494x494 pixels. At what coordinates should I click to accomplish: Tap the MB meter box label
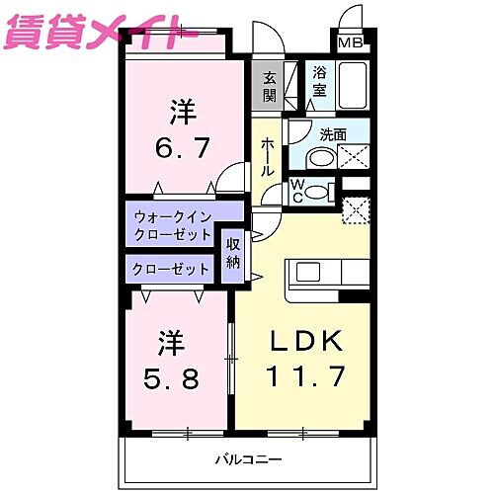[350, 42]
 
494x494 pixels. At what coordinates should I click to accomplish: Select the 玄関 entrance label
[269, 87]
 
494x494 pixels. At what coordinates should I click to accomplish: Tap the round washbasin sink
[319, 158]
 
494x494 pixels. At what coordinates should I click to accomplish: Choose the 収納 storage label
[233, 254]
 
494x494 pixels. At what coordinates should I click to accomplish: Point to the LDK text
[306, 341]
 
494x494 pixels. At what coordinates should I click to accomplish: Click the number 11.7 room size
[304, 376]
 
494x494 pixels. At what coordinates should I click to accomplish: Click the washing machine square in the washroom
[353, 156]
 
